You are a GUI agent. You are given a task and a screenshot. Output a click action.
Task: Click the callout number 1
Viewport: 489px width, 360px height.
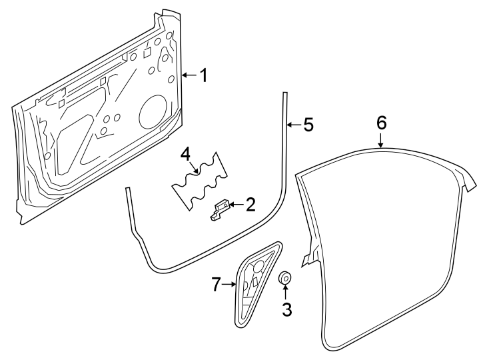[x=203, y=75]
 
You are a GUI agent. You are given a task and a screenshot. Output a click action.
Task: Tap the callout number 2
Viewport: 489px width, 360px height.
[x=250, y=205]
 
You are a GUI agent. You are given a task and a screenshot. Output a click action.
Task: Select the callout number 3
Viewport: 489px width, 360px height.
[x=286, y=309]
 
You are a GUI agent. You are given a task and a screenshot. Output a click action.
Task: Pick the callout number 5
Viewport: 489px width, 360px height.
[x=307, y=125]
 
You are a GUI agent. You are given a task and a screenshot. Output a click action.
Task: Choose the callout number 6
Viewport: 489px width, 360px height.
[x=380, y=123]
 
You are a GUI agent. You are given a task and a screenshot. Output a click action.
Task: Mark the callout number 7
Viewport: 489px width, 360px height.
[x=215, y=285]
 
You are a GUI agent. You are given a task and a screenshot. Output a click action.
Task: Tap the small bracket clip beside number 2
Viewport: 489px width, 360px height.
[x=221, y=209]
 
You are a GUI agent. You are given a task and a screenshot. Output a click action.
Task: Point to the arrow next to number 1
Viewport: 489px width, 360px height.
[x=189, y=75]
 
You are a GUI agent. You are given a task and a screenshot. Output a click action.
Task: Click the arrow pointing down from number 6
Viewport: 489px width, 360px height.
[x=380, y=140]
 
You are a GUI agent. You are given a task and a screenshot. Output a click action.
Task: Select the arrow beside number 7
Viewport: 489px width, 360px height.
[x=230, y=285]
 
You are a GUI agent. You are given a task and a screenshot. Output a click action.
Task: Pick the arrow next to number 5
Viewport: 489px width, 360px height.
[x=292, y=125]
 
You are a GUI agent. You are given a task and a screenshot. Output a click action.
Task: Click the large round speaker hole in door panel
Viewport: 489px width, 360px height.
[x=153, y=111]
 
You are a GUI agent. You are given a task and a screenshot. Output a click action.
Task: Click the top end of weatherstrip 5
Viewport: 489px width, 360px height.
[x=284, y=95]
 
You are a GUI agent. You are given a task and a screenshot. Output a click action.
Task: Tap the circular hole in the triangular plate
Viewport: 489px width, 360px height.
[x=258, y=265]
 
